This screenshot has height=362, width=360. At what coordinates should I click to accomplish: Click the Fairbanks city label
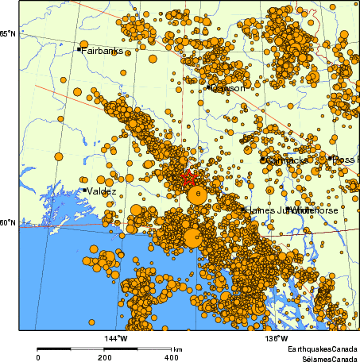point(99,50)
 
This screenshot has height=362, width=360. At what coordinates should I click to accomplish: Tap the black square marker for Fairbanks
point(79,49)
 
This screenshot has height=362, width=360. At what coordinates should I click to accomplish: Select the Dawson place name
point(228,88)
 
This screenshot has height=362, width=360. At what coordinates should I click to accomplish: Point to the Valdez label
point(103,191)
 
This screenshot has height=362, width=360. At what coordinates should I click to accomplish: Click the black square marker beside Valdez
point(84,190)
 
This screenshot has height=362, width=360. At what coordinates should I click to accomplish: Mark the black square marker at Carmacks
point(263,160)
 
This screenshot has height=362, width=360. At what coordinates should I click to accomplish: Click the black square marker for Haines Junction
point(243,209)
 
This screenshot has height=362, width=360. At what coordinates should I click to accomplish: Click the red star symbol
point(188,178)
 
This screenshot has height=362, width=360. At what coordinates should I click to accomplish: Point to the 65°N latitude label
point(8,34)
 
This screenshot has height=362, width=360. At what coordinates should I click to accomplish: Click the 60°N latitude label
point(8,223)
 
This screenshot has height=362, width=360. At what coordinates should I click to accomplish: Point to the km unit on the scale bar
point(178,349)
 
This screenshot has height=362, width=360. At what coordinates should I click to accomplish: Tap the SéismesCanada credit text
point(325,358)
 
